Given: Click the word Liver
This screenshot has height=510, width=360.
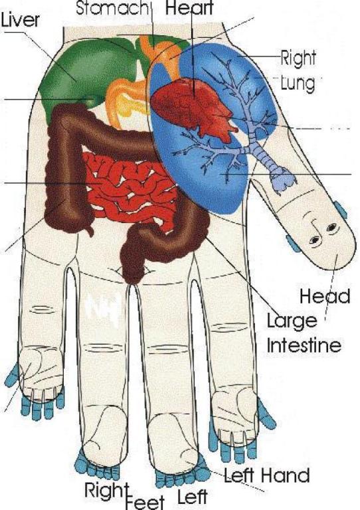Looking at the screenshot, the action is point(20,19).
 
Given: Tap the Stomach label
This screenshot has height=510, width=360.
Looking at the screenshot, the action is point(112,8).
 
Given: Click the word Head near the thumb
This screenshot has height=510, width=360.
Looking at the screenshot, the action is point(325,296).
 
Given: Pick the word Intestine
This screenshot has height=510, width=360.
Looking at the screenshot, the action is point(304,345).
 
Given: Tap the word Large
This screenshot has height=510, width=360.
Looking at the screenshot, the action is point(292,321).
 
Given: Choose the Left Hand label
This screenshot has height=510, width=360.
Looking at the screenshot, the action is point(266,475).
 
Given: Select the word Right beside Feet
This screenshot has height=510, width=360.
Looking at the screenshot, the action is point(105,490).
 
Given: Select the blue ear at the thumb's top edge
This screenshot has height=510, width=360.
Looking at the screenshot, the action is point(341,210).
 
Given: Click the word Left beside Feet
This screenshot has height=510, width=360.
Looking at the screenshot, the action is point(193,497).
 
